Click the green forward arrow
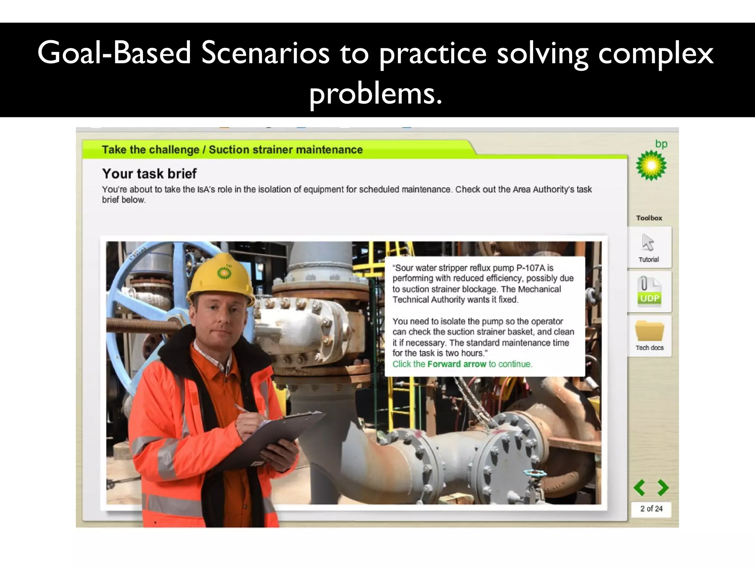(663, 488)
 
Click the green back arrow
(640, 488)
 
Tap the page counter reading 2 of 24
(651, 509)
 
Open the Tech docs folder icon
(649, 331)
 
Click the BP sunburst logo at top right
(651, 165)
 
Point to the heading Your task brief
(149, 173)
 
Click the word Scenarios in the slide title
(265, 53)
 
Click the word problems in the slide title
(375, 93)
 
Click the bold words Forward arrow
(457, 364)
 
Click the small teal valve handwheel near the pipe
(536, 473)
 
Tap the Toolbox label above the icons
(649, 218)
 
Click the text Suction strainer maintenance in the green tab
(286, 150)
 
